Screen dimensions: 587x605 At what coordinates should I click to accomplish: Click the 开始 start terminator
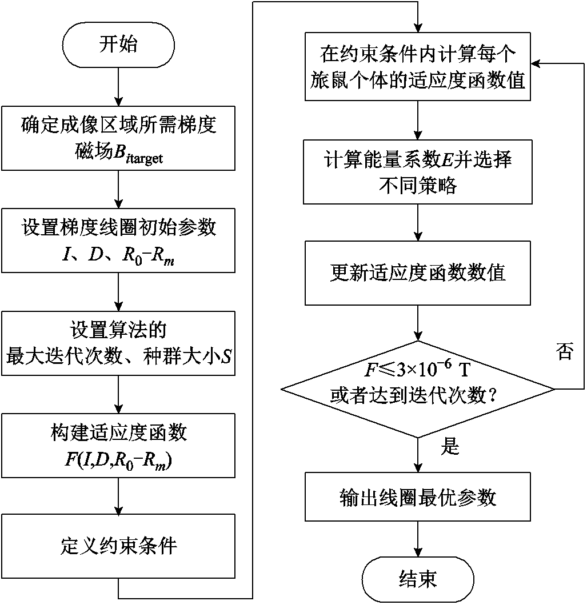118,45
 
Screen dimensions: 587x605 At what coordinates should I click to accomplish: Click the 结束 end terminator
418,579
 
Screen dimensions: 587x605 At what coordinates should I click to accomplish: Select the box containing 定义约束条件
118,546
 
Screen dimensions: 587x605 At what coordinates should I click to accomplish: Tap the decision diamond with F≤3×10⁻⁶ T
418,389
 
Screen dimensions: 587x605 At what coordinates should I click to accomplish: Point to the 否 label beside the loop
565,351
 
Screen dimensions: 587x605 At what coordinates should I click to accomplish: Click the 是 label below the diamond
450,446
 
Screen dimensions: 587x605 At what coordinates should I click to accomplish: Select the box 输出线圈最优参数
418,497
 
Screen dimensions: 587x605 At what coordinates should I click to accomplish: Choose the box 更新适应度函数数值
418,273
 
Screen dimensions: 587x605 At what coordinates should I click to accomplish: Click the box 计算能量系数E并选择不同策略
418,172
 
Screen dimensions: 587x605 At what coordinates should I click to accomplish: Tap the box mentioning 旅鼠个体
418,67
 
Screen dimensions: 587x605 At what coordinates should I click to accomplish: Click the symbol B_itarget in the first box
138,154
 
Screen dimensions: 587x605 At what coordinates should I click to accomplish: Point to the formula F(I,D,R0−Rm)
118,460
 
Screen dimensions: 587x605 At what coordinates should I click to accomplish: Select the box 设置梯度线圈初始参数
118,241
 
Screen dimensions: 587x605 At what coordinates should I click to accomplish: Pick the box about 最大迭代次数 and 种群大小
118,343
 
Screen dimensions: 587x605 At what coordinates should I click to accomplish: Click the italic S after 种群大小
226,356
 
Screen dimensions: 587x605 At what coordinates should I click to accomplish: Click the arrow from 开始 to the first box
118,87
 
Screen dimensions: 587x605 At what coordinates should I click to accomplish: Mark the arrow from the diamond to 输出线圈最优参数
418,455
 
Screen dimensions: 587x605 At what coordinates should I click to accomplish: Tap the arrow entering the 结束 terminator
418,539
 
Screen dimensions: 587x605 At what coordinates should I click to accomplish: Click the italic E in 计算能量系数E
446,160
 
